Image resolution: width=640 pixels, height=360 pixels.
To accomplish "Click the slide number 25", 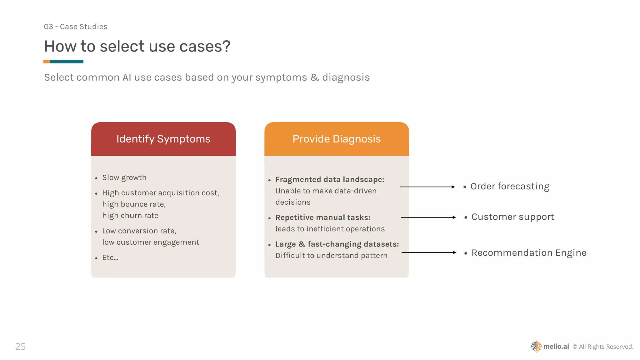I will point(20,346).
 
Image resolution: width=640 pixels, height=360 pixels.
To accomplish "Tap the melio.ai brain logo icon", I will point(536,346).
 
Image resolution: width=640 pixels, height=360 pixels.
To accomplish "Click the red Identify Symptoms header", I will point(163,139).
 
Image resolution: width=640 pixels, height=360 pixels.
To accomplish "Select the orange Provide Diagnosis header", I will point(336,139).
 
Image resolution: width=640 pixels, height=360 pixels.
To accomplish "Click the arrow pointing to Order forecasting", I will point(427,187).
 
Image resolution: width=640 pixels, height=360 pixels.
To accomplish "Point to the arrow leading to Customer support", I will point(428,217).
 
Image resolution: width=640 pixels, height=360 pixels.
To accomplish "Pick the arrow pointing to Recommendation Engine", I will point(428,252).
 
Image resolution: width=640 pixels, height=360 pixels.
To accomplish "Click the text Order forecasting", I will point(510,186).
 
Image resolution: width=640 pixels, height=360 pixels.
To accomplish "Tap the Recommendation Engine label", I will point(528,252).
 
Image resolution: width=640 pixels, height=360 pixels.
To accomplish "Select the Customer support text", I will point(512,217).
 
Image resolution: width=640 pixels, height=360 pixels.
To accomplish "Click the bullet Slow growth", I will point(124,177).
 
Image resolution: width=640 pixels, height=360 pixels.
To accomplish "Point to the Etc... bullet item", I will point(110,257).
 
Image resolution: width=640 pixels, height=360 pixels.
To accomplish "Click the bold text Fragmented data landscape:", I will point(329,179).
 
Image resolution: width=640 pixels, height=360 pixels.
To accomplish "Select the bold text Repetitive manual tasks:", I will point(322,217).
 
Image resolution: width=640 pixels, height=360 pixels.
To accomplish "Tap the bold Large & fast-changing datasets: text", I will point(337,244).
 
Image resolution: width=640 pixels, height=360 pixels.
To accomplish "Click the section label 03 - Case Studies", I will point(75,27).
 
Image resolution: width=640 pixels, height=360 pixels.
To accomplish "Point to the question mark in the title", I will point(226,46).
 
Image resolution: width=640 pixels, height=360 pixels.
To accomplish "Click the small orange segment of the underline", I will point(46,62).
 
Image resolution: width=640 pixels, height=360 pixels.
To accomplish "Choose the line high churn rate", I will point(130,216).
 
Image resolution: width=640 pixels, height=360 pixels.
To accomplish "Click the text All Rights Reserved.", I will point(606,347).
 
